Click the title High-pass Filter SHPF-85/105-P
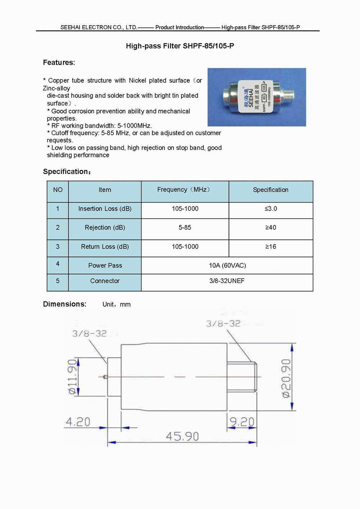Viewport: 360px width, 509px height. pos(180,46)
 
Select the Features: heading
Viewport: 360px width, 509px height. pos(59,62)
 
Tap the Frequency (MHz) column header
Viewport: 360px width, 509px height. pos(185,190)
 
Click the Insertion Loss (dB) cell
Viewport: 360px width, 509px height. pos(105,209)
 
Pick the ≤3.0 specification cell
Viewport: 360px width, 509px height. pos(271,209)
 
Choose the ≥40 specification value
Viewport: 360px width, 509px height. pos(271,228)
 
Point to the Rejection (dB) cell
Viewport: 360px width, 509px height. pos(105,228)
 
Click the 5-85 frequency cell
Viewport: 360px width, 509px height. pos(185,228)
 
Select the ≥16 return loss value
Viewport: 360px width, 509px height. pos(271,247)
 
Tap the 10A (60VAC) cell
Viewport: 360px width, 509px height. pos(227,265)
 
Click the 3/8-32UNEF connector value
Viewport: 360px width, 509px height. pos(227,281)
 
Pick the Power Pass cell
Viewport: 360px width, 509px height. pos(105,265)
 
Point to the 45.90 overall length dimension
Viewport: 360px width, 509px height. pos(182,436)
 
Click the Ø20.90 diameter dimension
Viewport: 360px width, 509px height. pos(286,378)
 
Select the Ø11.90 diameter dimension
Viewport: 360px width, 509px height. pos(73,377)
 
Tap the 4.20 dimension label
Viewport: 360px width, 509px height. pos(78,422)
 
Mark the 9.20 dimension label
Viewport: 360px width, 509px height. pos(242,422)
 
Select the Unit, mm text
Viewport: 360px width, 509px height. pos(116,305)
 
